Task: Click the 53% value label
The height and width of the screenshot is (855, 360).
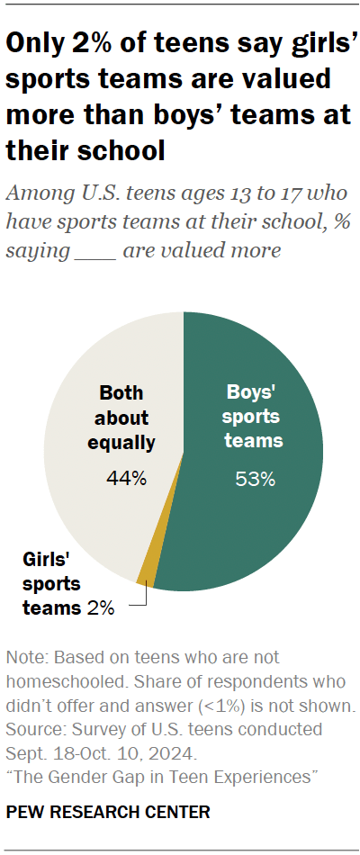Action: click(x=255, y=480)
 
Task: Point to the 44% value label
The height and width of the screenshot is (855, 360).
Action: click(x=127, y=479)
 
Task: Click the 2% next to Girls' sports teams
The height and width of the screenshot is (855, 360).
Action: click(x=100, y=608)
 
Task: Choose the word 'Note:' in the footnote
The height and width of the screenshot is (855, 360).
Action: click(x=26, y=656)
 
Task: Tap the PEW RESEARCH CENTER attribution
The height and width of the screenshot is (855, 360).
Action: click(x=108, y=813)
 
